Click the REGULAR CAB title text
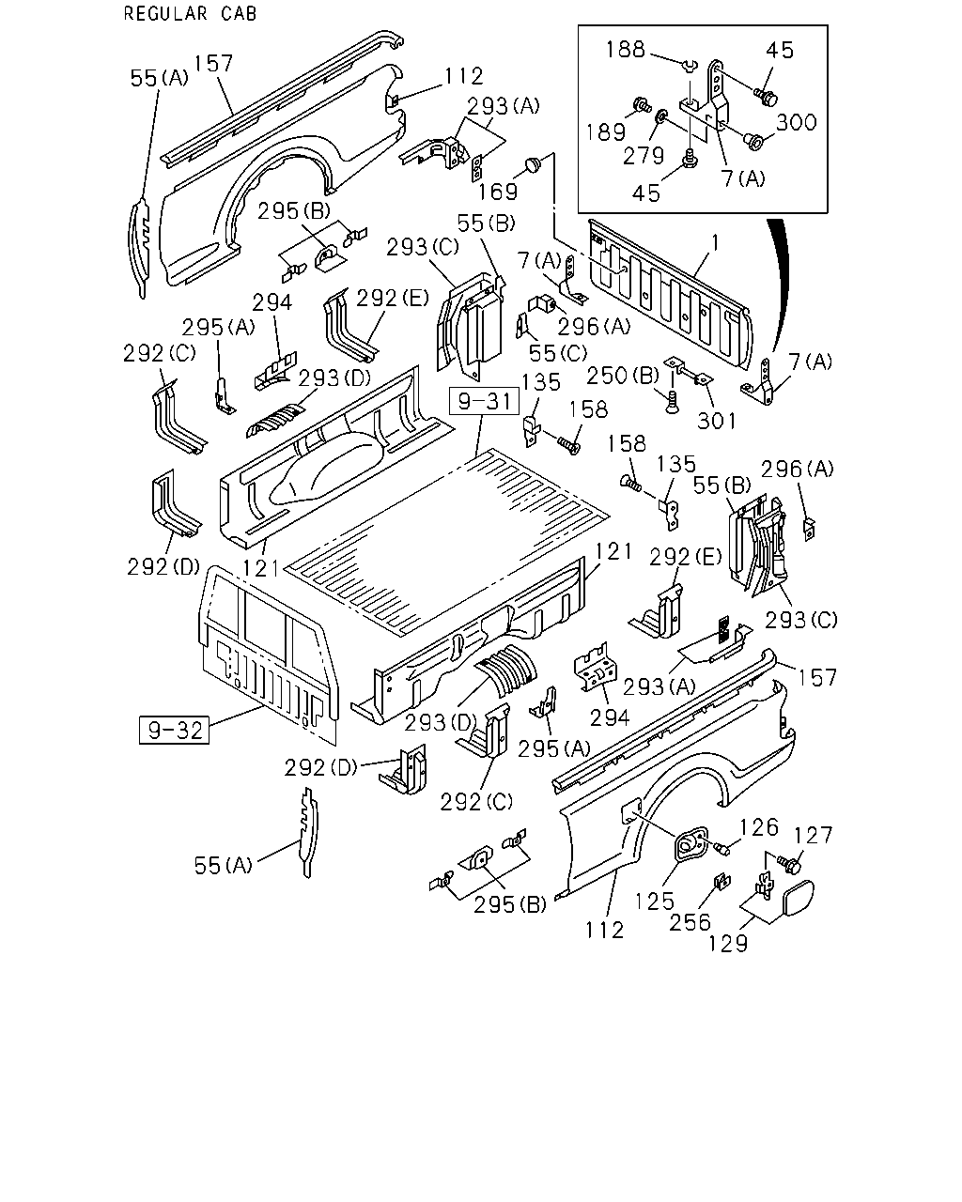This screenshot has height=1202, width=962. pyautogui.click(x=190, y=13)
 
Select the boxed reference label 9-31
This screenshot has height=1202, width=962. pyautogui.click(x=484, y=402)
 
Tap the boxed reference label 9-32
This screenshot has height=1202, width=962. pyautogui.click(x=174, y=730)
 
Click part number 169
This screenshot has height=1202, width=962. pyautogui.click(x=498, y=192)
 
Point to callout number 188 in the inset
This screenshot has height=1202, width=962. pyautogui.click(x=626, y=49)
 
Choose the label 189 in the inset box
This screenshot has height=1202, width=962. pyautogui.click(x=606, y=132)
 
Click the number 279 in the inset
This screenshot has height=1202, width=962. pyautogui.click(x=644, y=156)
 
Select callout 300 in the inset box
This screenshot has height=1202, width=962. pyautogui.click(x=797, y=122)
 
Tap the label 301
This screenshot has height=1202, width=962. pyautogui.click(x=717, y=421)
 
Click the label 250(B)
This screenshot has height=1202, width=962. pyautogui.click(x=623, y=376)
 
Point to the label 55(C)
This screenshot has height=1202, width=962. pyautogui.click(x=558, y=353)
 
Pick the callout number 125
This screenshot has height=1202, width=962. pyautogui.click(x=655, y=901)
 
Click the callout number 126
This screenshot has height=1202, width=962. pyautogui.click(x=759, y=826)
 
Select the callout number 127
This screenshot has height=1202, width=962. pyautogui.click(x=814, y=835)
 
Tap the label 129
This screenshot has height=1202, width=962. pyautogui.click(x=728, y=944)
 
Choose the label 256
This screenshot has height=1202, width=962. pyautogui.click(x=690, y=922)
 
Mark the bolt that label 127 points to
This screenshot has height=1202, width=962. pyautogui.click(x=792, y=865)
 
